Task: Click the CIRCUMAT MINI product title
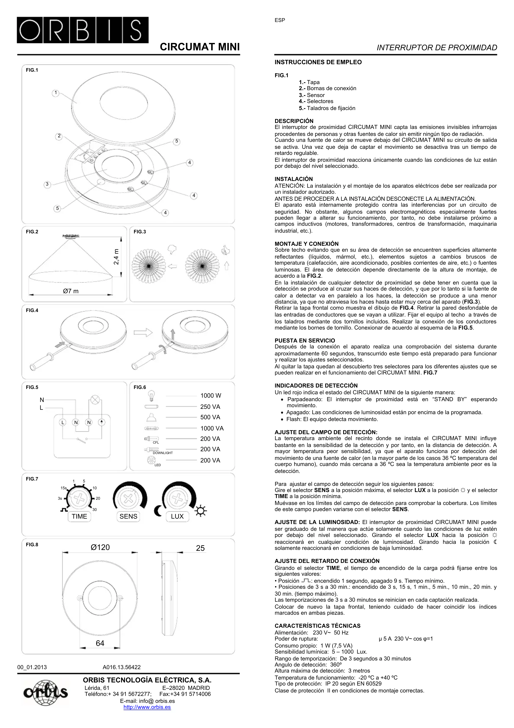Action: (x=200, y=47)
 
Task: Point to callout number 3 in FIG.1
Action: (x=47, y=184)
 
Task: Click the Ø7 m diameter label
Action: (x=71, y=291)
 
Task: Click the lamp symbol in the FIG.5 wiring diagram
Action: (x=95, y=400)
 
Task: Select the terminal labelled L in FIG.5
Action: (x=63, y=422)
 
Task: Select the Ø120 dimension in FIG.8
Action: (x=100, y=547)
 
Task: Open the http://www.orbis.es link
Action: (x=147, y=707)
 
